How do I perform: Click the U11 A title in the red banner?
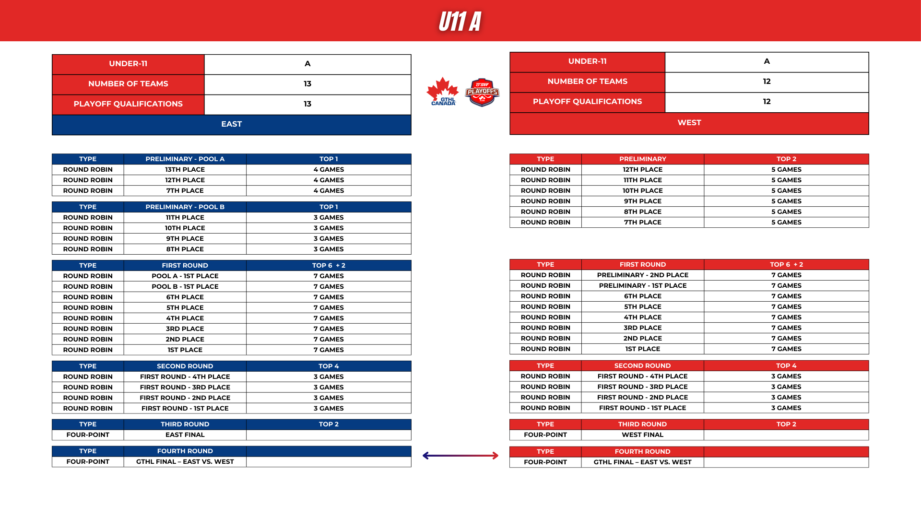click(460, 22)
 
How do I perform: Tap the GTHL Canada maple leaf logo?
click(442, 92)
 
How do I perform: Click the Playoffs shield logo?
click(482, 92)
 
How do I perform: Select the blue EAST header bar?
click(231, 124)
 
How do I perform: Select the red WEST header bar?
click(689, 123)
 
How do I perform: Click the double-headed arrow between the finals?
click(460, 456)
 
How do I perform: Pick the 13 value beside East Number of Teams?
click(307, 84)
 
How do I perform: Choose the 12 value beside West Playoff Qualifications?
click(767, 102)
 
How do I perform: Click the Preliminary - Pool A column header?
click(185, 159)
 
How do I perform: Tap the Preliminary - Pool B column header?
click(185, 207)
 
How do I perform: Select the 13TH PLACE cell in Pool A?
click(185, 169)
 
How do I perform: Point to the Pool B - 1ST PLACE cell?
click(185, 286)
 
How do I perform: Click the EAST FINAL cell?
click(185, 435)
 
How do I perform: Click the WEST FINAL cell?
click(642, 435)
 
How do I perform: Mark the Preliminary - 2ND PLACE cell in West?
click(642, 275)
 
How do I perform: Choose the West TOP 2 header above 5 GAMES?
click(786, 159)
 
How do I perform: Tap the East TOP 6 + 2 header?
click(329, 265)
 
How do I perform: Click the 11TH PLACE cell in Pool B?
click(185, 217)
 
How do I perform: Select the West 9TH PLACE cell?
click(642, 201)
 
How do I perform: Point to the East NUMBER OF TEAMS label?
click(128, 84)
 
